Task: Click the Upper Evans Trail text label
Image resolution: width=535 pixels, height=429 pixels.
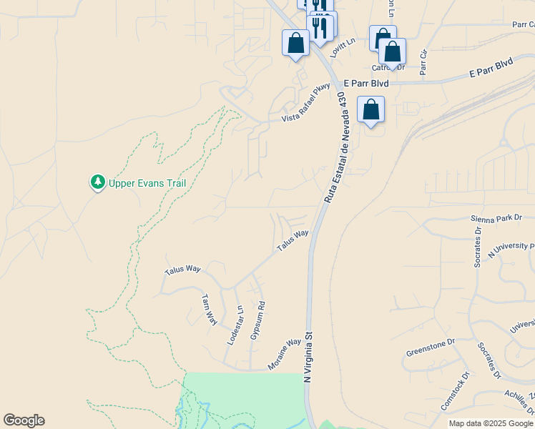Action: pyautogui.click(x=147, y=183)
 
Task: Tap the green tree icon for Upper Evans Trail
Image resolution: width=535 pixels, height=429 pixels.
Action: pyautogui.click(x=97, y=183)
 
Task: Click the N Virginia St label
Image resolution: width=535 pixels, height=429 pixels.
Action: pyautogui.click(x=310, y=356)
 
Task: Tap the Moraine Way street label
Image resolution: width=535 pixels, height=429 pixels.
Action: pyautogui.click(x=285, y=354)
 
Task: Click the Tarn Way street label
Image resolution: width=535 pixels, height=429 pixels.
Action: pyautogui.click(x=209, y=310)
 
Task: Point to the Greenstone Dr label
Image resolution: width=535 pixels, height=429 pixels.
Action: pyautogui.click(x=431, y=347)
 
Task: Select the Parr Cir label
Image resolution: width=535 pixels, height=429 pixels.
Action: pyautogui.click(x=423, y=62)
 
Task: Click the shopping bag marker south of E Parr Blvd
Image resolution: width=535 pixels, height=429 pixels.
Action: pyautogui.click(x=370, y=111)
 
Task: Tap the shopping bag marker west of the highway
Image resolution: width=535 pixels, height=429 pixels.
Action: pyautogui.click(x=295, y=44)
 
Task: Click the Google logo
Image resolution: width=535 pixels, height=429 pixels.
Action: pyautogui.click(x=24, y=420)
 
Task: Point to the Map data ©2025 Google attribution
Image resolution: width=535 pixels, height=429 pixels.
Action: pyautogui.click(x=491, y=423)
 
